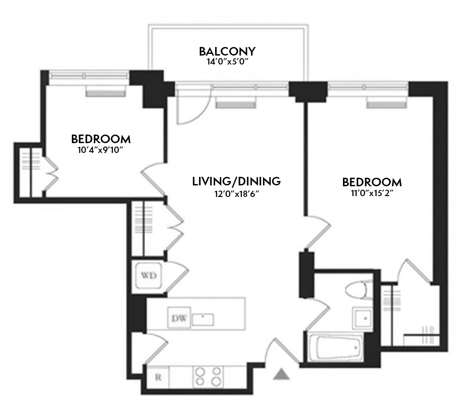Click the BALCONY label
click(227, 52)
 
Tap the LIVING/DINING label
click(236, 181)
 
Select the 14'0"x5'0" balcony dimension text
click(227, 62)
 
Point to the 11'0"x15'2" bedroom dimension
click(372, 193)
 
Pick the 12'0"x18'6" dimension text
click(236, 193)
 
